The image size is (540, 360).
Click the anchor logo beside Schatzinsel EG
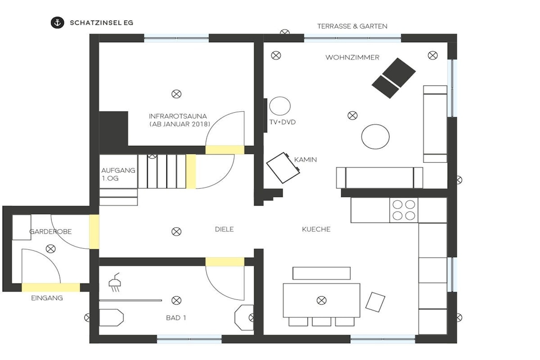[x=57, y=23]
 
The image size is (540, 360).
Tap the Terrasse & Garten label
[x=352, y=26]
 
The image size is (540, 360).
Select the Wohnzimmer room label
[x=352, y=57]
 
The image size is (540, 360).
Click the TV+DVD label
[x=283, y=122]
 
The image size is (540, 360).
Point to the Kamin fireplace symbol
[x=283, y=168]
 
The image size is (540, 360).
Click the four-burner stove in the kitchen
[x=403, y=210]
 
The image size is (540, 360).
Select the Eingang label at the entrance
[x=47, y=298]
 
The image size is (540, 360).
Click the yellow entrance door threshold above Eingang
[x=51, y=287]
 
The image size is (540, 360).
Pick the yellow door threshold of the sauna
[x=225, y=150]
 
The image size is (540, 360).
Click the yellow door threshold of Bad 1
[x=225, y=261]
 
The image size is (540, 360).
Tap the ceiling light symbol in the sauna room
[x=176, y=94]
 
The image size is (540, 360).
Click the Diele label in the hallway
[x=224, y=229]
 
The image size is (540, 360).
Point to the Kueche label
[x=316, y=229]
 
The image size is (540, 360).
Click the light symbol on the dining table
[x=321, y=300]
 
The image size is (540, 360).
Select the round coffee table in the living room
[x=375, y=137]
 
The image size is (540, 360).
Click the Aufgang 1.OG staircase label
[x=118, y=174]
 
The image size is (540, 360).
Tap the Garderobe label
[x=51, y=231]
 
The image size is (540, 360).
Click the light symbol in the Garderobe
[x=51, y=248]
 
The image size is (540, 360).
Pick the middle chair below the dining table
[x=321, y=322]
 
